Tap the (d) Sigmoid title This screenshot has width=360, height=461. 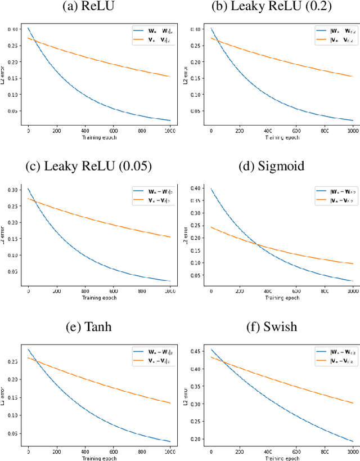coord(271,166)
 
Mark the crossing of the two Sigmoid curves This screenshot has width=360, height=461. coord(258,244)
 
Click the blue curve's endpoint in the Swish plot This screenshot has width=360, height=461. coord(353,441)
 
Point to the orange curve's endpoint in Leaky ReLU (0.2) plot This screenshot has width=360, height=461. coord(353,76)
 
